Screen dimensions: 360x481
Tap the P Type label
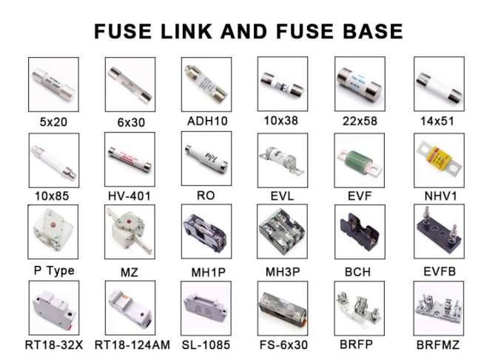[54, 270]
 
